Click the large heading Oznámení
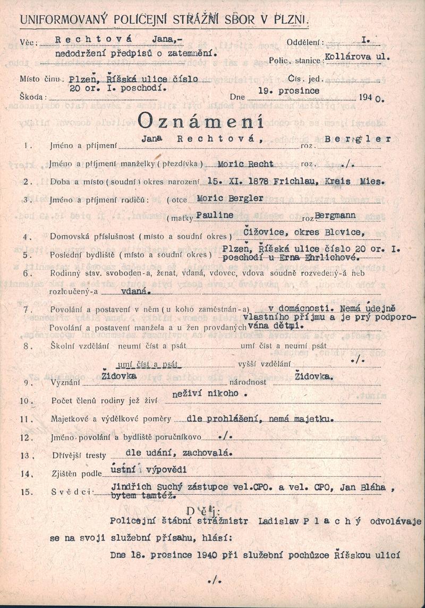click(x=200, y=122)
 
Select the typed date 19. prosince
click(x=288, y=91)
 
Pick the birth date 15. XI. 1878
click(x=239, y=181)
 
